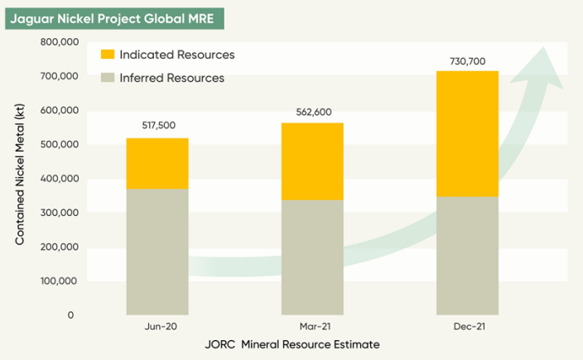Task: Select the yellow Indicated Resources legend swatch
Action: pos(108,55)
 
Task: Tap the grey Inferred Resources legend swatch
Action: pos(108,78)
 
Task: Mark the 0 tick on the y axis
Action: pos(71,315)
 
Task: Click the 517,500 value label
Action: pos(157,126)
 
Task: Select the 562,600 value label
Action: pos(312,111)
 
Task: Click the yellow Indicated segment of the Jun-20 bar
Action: pos(157,164)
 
